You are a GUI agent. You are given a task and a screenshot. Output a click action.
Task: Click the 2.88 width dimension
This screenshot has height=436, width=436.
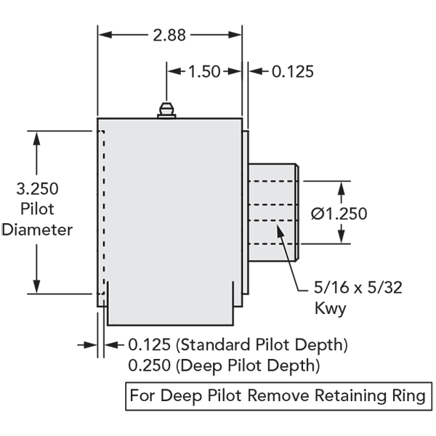[x=169, y=36]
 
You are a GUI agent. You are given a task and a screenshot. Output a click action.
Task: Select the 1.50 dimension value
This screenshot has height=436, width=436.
[x=204, y=71]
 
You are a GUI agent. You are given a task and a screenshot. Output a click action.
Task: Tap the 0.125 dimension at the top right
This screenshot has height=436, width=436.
[x=293, y=71]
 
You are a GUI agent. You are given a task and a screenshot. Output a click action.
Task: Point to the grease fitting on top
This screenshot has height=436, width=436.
[x=166, y=110]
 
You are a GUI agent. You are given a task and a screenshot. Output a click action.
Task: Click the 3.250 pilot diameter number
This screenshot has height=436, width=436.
[x=37, y=188]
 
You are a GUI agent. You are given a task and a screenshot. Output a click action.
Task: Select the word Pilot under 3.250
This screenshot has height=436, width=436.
[x=37, y=209]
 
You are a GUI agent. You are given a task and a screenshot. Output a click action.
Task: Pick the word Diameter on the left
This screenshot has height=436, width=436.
[x=37, y=230]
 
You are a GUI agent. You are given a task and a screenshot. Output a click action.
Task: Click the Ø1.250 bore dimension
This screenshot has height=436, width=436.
[x=339, y=214]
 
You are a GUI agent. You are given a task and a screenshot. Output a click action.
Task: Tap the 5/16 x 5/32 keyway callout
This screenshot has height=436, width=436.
[x=358, y=288]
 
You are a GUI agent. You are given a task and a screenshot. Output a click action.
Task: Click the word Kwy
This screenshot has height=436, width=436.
[x=331, y=308]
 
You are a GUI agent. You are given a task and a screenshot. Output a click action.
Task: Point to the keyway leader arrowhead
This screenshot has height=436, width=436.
[x=280, y=230]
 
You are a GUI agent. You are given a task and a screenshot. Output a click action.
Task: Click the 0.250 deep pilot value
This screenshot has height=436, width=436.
[x=149, y=365]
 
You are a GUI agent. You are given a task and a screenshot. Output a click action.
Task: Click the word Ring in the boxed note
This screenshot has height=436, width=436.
[x=408, y=395]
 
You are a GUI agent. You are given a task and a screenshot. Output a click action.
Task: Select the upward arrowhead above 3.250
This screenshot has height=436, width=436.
[x=36, y=138]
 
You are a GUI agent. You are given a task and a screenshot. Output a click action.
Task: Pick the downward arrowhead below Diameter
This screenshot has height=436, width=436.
[x=36, y=286]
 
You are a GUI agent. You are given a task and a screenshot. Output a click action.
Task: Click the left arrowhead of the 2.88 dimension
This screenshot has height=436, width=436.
[x=105, y=35]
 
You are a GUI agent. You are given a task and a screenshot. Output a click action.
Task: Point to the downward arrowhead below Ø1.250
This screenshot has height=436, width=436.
[x=342, y=237]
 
